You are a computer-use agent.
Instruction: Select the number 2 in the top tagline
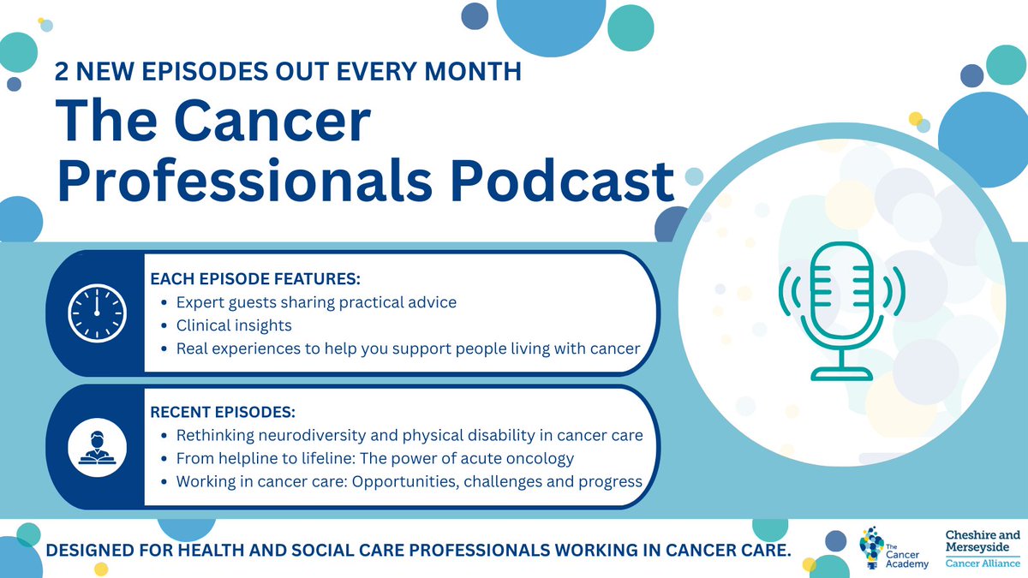[62, 72]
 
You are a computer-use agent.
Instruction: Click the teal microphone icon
[840, 309]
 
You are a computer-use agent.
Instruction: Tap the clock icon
[96, 311]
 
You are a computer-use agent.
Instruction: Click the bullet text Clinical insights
[234, 325]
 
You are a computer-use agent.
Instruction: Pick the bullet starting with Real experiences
[409, 349]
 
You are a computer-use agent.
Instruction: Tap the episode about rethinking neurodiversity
[409, 435]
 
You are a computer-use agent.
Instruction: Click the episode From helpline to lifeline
[374, 458]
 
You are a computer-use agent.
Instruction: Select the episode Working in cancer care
[409, 481]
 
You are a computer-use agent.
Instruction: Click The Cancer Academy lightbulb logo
[882, 548]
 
